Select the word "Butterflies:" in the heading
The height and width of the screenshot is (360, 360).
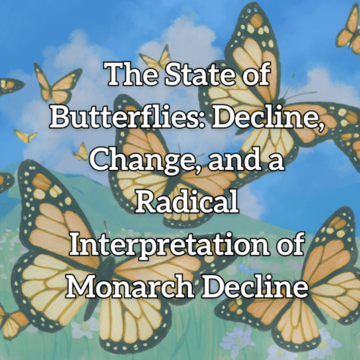(x=127, y=117)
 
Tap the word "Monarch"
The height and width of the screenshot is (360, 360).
(x=130, y=286)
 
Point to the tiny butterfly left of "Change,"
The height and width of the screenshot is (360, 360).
(x=81, y=152)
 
